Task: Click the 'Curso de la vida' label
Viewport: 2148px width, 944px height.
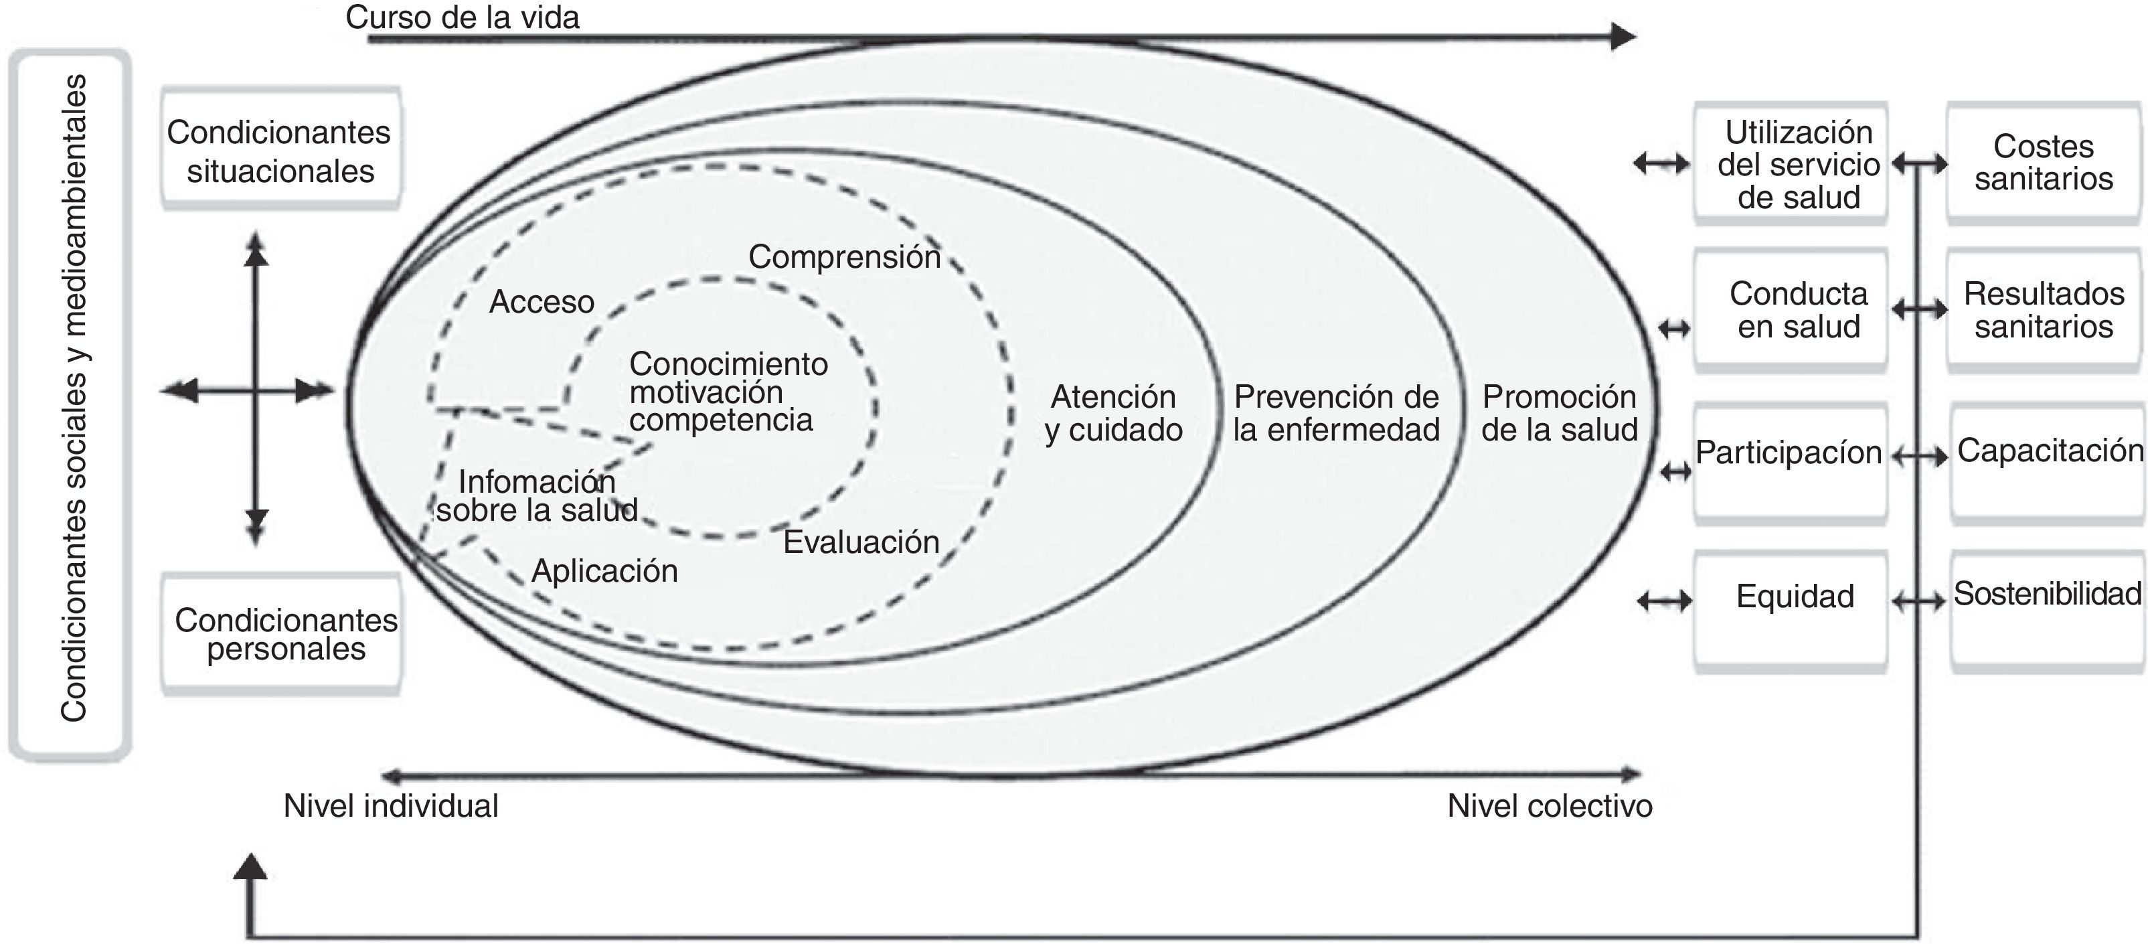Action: pos(462,17)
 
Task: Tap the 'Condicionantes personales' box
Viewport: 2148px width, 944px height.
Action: pos(284,634)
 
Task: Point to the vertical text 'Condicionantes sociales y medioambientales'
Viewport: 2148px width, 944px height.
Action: pos(74,398)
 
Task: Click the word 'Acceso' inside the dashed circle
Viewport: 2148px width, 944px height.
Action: pos(541,302)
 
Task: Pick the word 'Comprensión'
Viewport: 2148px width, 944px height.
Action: pos(844,257)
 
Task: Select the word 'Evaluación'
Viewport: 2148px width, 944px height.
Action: pos(861,542)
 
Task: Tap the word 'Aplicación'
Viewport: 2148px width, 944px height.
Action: pos(604,571)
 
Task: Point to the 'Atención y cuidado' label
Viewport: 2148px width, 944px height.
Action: pos(1113,414)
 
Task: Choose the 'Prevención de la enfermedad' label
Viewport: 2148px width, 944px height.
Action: pos(1336,414)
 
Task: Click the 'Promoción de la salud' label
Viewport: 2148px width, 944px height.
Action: pos(1560,414)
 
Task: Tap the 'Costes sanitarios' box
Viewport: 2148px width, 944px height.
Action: pos(2043,163)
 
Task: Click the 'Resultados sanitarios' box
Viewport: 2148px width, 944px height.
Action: pos(2043,309)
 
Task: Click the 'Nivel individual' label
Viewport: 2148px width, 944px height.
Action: pos(391,806)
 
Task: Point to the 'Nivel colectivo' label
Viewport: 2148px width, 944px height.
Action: pos(1550,806)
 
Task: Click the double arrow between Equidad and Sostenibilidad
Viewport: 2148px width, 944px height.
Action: pos(1918,601)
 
